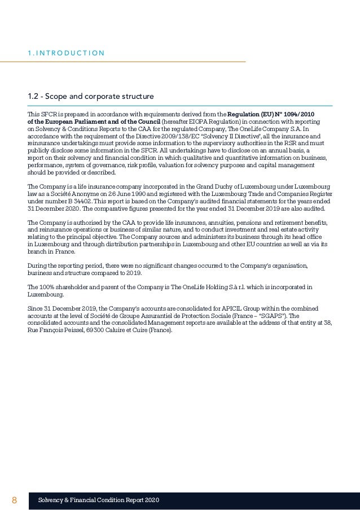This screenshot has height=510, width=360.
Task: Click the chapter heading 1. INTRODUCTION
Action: click(x=65, y=54)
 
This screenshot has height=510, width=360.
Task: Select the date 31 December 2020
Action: click(x=51, y=210)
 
